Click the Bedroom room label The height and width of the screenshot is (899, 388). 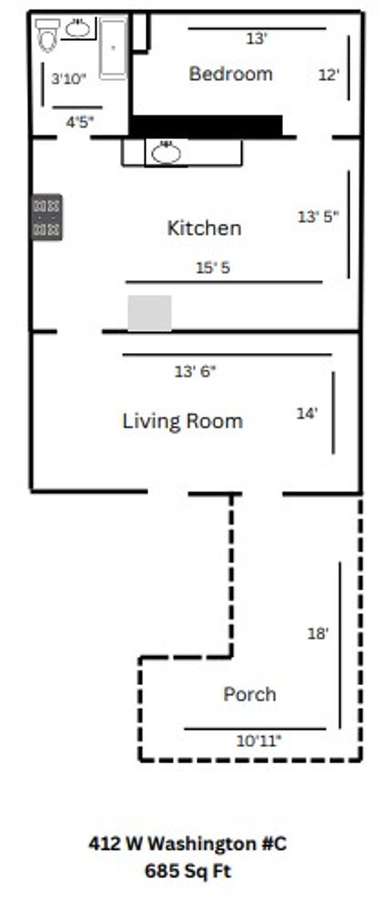[231, 74]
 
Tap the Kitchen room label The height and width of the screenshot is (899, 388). [204, 228]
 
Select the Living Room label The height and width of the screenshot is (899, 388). [183, 421]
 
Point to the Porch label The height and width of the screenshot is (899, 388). [249, 694]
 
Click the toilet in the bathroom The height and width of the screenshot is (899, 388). [47, 34]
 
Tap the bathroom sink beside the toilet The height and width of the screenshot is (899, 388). [77, 28]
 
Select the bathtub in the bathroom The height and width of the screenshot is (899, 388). [113, 48]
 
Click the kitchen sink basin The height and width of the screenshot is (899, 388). [167, 152]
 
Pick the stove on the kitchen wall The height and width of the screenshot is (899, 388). [47, 216]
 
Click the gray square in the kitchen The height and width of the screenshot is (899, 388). [150, 313]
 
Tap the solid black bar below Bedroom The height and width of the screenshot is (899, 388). [206, 127]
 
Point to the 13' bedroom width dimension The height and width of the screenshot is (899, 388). [256, 39]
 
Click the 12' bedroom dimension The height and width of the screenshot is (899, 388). [328, 75]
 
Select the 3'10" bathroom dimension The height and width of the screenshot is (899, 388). [69, 79]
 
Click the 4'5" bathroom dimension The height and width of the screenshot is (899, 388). [80, 122]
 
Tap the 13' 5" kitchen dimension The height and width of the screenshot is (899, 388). [318, 216]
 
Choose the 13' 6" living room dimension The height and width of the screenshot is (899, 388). [195, 371]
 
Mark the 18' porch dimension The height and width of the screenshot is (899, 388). [318, 633]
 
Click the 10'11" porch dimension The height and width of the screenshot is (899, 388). [259, 741]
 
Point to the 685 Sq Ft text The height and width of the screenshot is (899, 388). [188, 872]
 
